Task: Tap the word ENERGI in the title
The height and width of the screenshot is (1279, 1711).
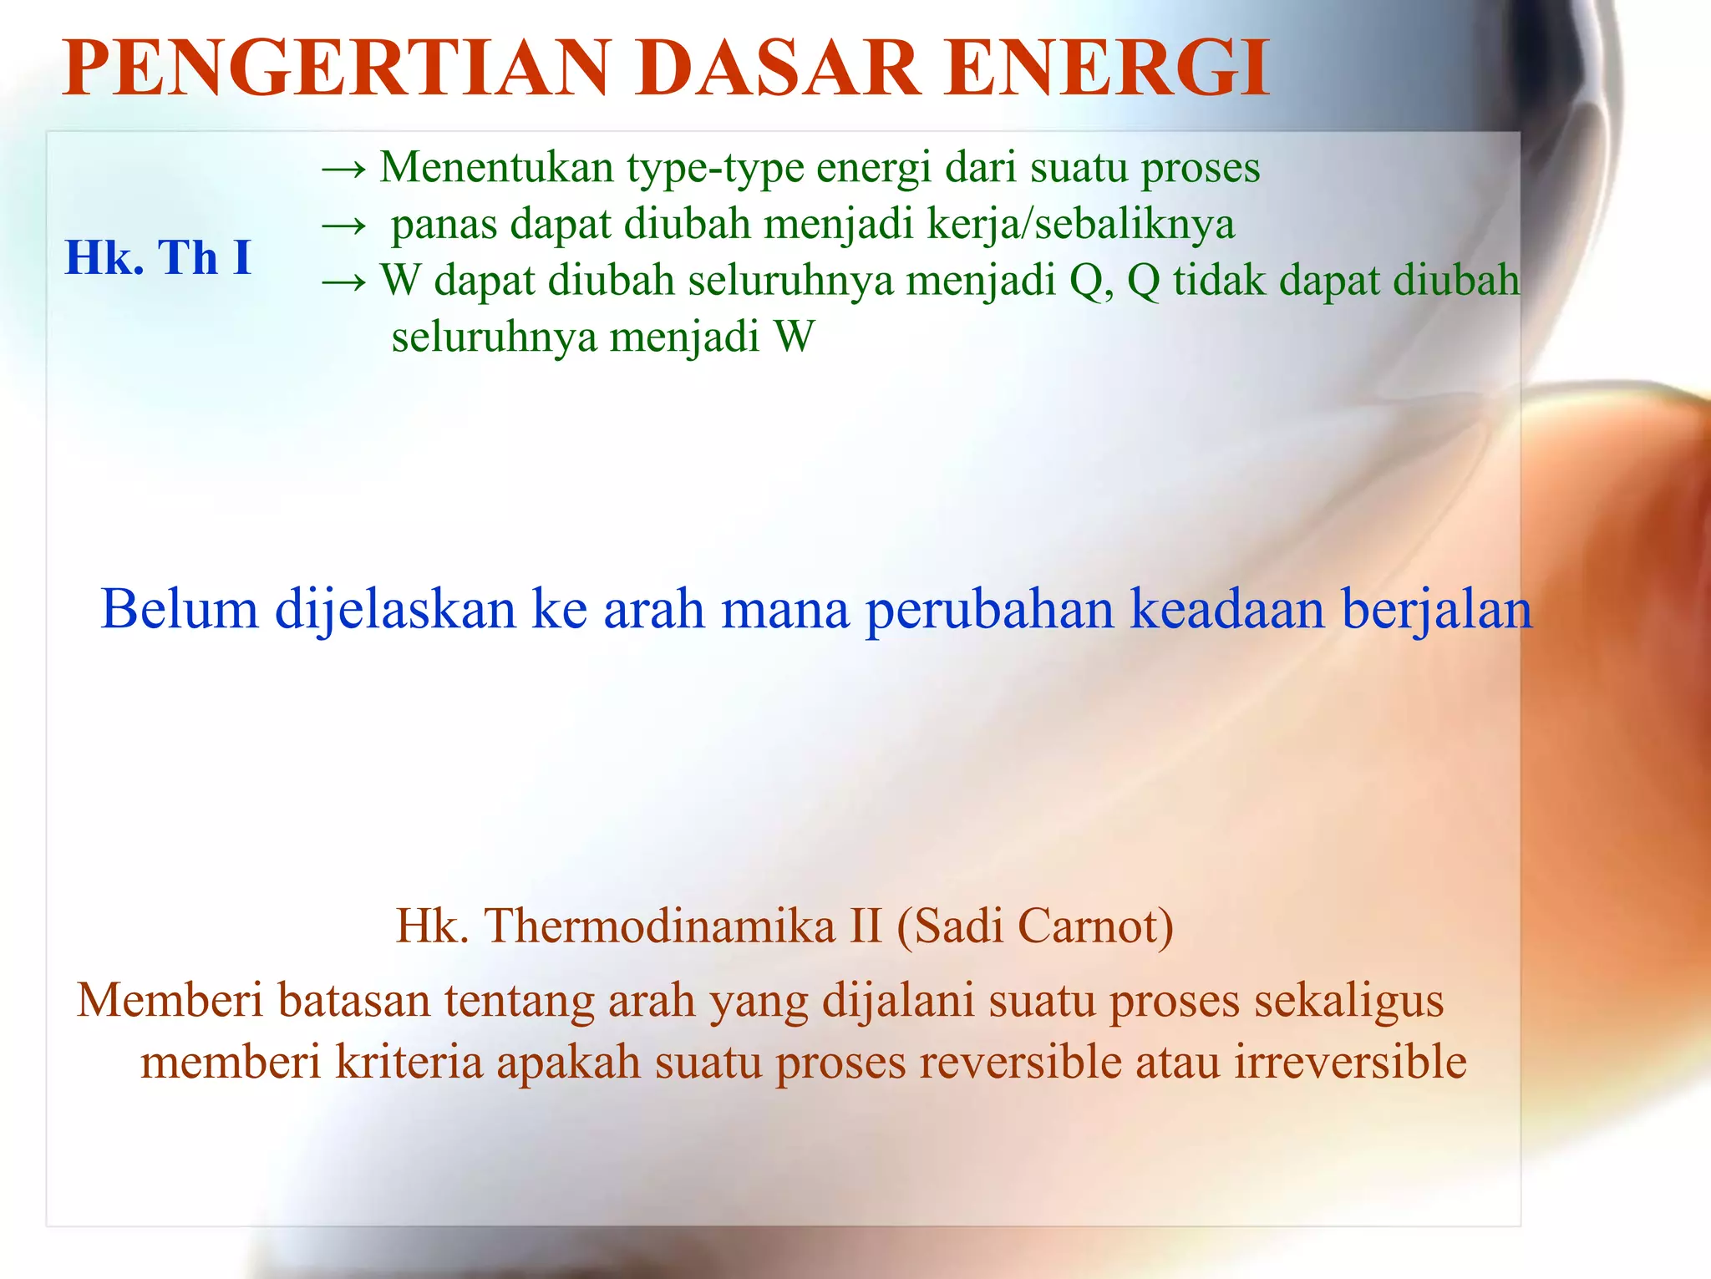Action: [1108, 69]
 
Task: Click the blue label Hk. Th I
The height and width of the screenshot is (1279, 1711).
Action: [158, 257]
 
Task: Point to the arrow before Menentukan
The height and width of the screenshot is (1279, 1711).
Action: [343, 170]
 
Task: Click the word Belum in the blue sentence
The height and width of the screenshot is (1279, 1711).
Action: [180, 608]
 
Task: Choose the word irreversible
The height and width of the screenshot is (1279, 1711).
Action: [1350, 1063]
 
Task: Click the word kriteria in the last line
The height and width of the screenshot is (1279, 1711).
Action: [409, 1063]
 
